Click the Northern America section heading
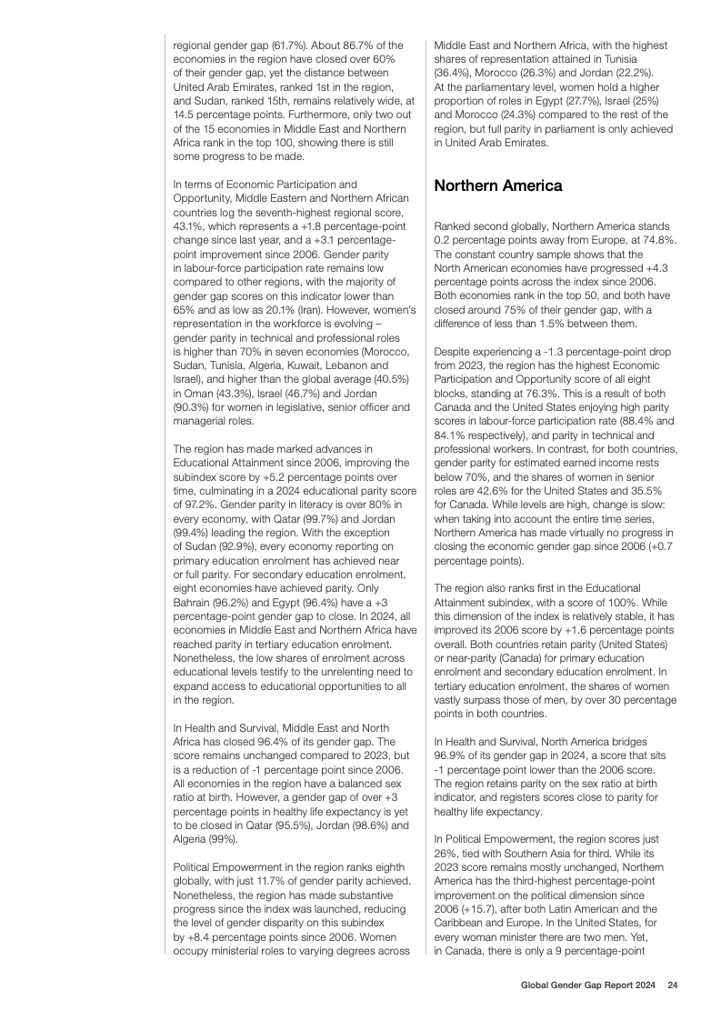click(x=497, y=186)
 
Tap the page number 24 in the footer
click(x=672, y=985)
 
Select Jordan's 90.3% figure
click(x=193, y=408)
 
